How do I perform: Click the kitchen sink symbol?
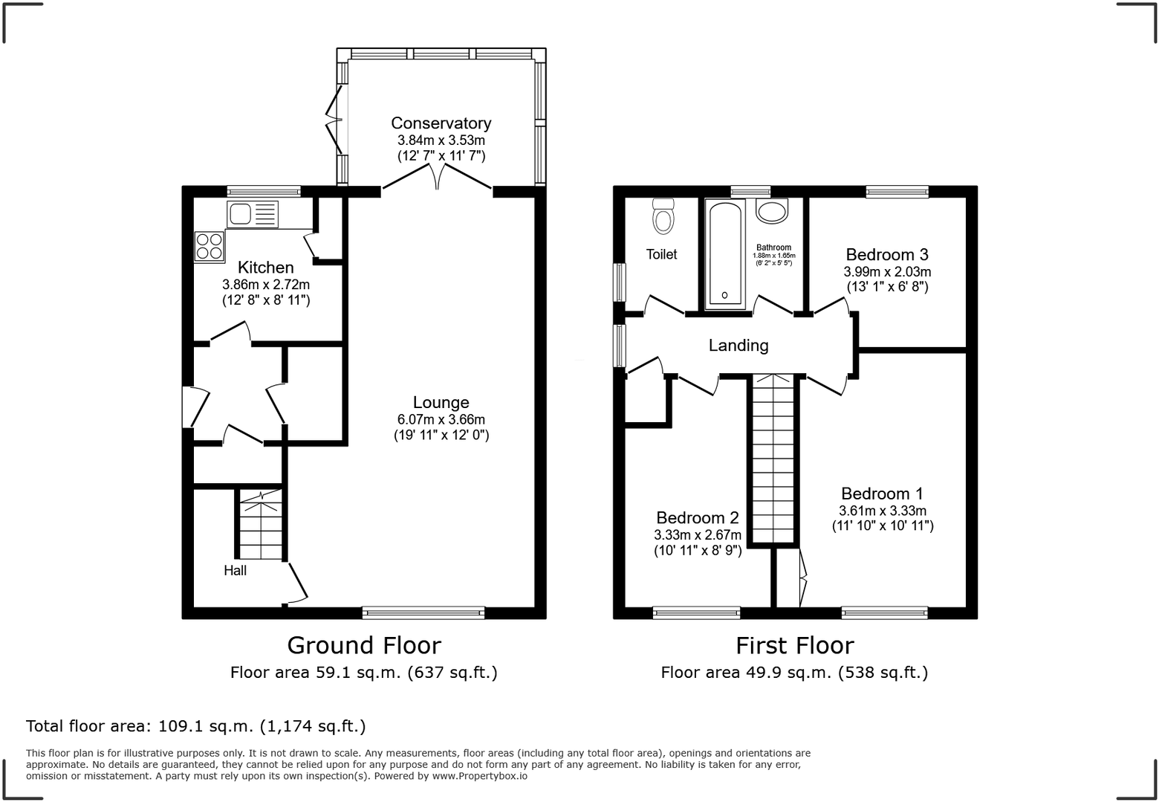point(252,214)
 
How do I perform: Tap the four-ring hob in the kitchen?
point(210,247)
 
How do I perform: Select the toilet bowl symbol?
point(663,216)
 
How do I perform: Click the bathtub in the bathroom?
point(724,255)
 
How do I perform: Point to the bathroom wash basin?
point(772,211)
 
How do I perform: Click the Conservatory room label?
point(441,123)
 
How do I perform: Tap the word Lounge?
point(441,402)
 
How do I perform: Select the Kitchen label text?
point(265,268)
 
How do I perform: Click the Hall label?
point(235,571)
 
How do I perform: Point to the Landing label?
point(738,346)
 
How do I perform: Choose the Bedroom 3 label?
point(887,255)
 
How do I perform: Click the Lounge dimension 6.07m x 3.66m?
point(441,419)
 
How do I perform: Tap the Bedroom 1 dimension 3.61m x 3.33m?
point(883,511)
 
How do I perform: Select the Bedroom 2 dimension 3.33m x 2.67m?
point(698,535)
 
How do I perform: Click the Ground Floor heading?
point(364,646)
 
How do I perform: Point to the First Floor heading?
point(795,646)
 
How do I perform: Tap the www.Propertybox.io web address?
point(480,776)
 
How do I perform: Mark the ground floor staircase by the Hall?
point(261,525)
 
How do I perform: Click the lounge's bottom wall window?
point(423,613)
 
